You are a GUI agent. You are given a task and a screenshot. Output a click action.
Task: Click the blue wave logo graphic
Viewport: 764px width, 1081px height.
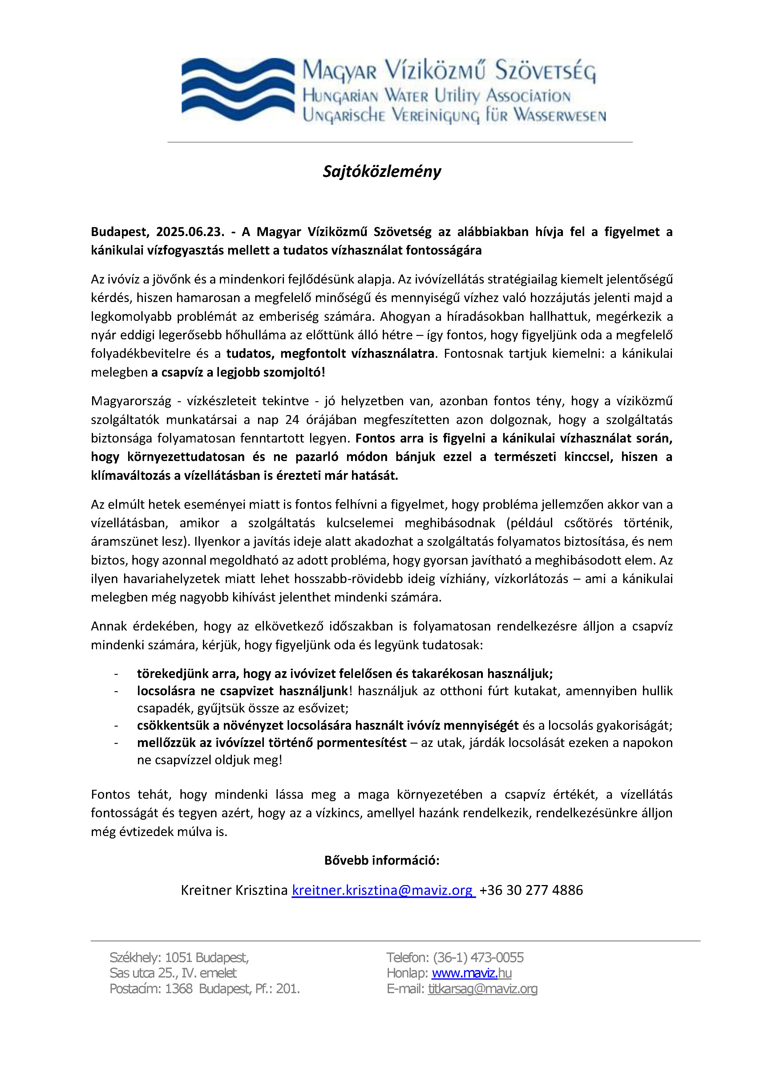tap(237, 89)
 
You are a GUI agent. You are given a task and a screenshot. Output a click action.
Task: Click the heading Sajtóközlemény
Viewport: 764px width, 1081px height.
tap(382, 171)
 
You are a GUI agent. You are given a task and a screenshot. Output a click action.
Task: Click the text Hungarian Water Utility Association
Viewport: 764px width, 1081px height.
tap(436, 96)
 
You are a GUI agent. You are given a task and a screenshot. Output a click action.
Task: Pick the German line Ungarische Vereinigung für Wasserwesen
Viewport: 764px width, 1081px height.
tap(454, 115)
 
